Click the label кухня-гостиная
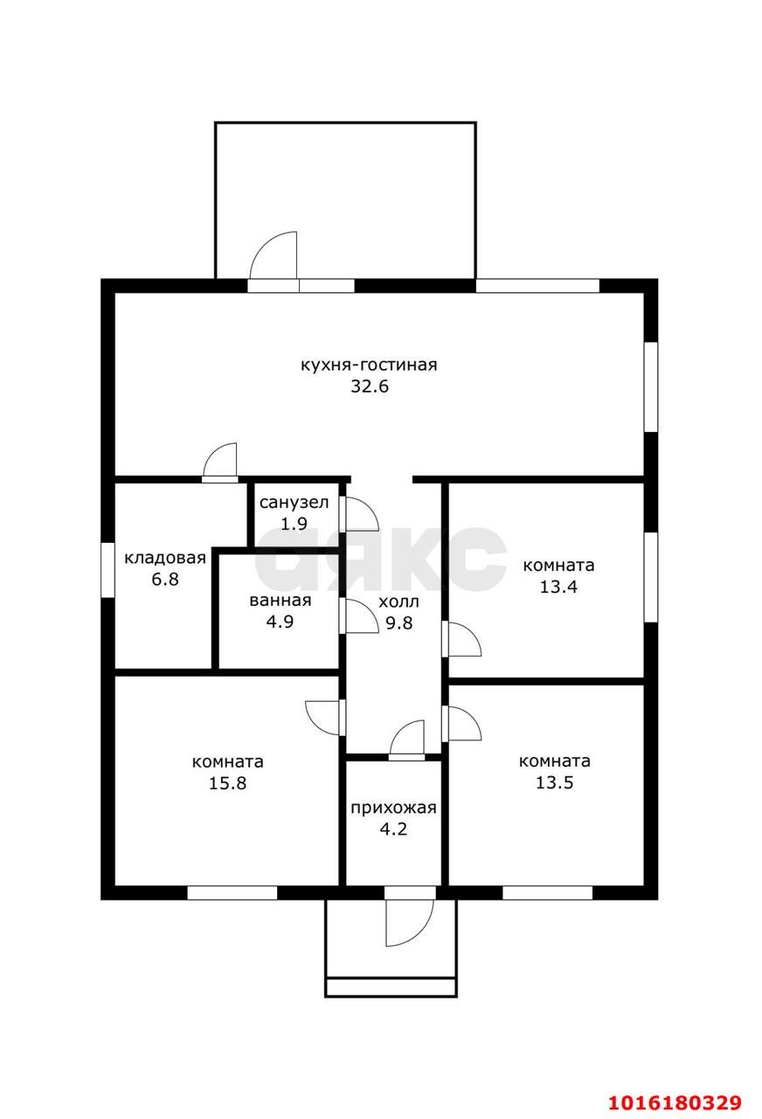click(x=369, y=365)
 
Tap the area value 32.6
click(x=370, y=386)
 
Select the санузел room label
click(x=294, y=503)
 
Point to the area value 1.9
click(x=294, y=524)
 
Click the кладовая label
click(x=165, y=558)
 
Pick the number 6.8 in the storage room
click(x=165, y=580)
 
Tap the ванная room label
click(x=281, y=601)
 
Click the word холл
click(x=398, y=602)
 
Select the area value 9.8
click(x=399, y=623)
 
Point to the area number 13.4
click(x=558, y=587)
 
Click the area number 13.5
click(x=554, y=782)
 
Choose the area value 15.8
click(x=227, y=783)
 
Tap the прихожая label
click(x=393, y=808)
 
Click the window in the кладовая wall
click(x=107, y=570)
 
